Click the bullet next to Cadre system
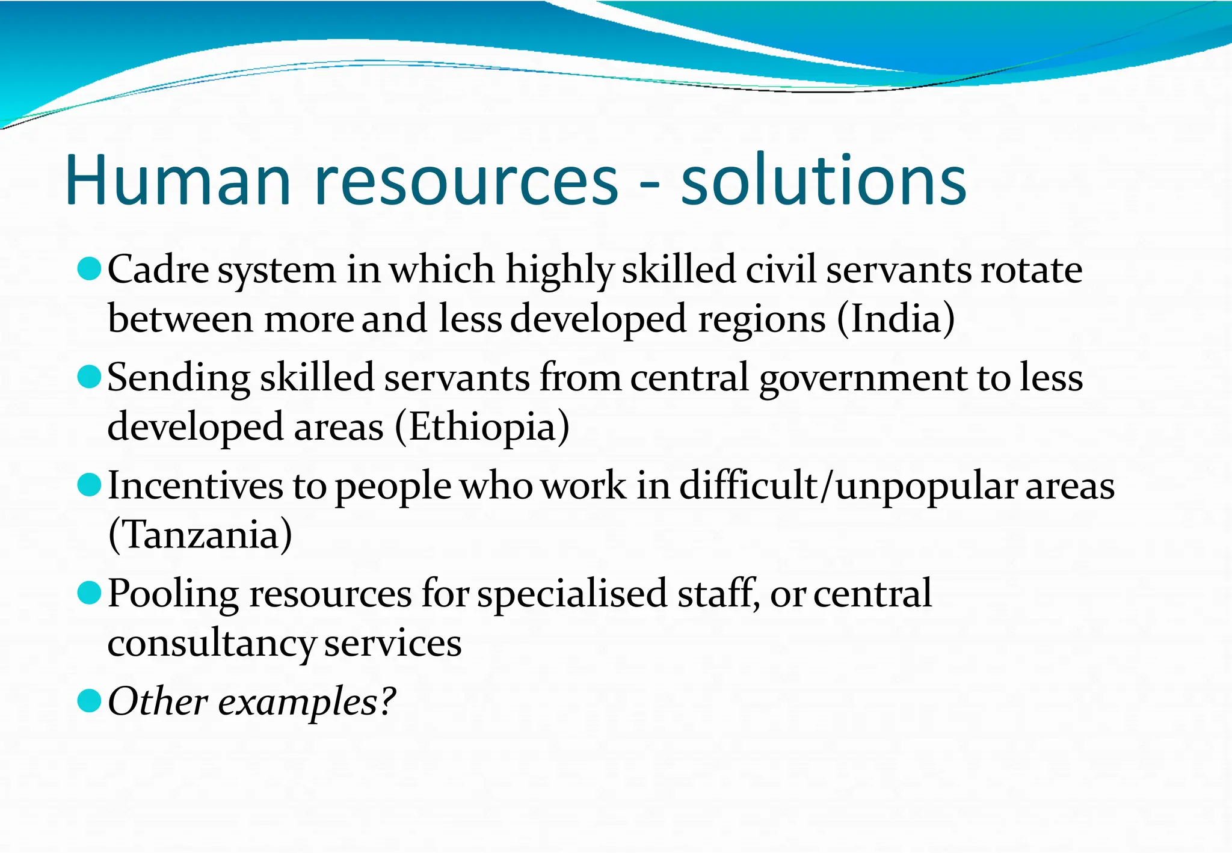coord(89,269)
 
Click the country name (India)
coord(895,319)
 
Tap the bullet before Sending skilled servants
coord(89,377)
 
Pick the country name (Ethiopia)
coord(482,427)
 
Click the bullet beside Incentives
coord(89,485)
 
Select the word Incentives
coord(195,485)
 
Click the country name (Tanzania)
coord(200,535)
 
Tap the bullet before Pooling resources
coord(89,593)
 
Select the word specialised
coord(572,594)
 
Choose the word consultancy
coord(211,644)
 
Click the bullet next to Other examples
coord(89,701)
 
